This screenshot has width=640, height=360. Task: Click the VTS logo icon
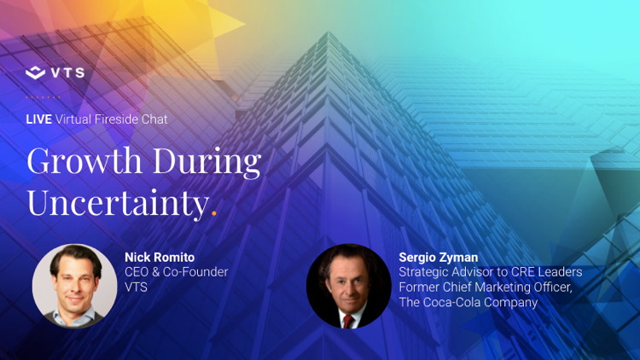pos(36,73)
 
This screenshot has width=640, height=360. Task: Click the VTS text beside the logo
pos(67,73)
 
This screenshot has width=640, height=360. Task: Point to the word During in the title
pos(207,160)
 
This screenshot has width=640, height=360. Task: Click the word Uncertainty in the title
pos(117,202)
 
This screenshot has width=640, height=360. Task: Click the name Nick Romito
pos(160,257)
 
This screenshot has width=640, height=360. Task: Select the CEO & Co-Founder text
pos(177,272)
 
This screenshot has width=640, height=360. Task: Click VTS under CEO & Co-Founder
pos(137,287)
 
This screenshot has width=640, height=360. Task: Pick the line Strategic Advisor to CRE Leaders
pos(490,272)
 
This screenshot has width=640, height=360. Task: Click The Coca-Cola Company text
pos(468,302)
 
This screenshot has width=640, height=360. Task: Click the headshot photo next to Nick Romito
pos(75,287)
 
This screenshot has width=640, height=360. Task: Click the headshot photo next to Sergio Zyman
pos(348,287)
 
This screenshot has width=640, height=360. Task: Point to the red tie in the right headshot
pos(347,320)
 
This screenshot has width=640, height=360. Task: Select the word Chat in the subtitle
pos(155,119)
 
